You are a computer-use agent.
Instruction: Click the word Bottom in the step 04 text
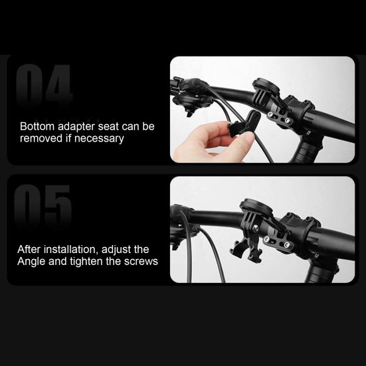click(36, 126)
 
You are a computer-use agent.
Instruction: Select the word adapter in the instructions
click(75, 126)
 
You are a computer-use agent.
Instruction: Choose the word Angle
click(32, 261)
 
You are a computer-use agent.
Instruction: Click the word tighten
click(89, 261)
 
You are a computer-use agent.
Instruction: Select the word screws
click(139, 261)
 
